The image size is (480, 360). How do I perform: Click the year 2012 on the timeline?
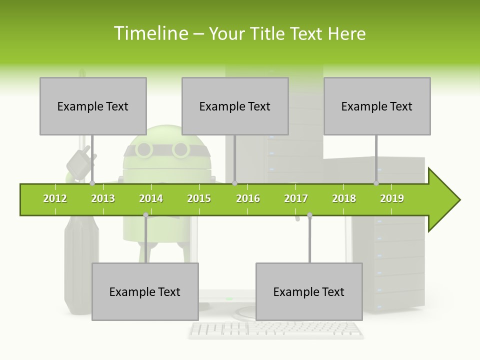pos(55,198)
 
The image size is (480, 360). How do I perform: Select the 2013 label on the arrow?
pos(103,198)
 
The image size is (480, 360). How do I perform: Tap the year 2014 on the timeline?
pos(151,198)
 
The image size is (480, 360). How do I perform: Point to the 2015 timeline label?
pos(199,198)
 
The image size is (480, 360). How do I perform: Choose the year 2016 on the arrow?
pos(248,198)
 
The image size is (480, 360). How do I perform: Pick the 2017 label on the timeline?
pos(296,198)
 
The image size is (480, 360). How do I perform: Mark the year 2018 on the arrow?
pos(344,198)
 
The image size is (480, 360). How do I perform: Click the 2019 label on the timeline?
pos(392,198)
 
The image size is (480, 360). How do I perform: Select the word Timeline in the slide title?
pos(150,33)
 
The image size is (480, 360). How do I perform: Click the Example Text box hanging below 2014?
pos(145,291)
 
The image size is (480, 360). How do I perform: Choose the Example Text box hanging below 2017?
pos(309,291)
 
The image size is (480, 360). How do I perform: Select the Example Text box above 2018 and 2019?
pos(377,106)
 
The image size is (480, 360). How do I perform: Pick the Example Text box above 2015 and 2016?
pos(235,106)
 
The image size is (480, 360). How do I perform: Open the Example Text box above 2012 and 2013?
pos(93,106)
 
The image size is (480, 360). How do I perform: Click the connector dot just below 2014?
pos(145,215)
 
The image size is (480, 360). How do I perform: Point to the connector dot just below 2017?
pos(309,215)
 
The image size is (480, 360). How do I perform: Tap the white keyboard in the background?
pos(276,329)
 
